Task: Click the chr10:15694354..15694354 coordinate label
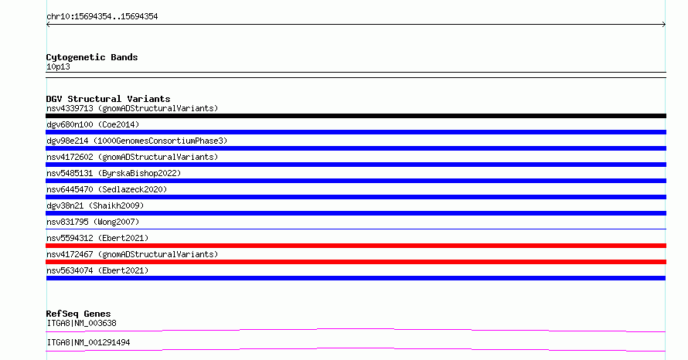click(x=102, y=17)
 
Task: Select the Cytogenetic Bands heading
click(x=92, y=57)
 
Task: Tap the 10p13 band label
click(x=58, y=66)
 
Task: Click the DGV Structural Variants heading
click(x=108, y=99)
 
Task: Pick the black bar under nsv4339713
click(x=356, y=116)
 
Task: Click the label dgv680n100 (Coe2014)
click(x=93, y=124)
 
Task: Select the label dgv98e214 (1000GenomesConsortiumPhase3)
click(x=137, y=141)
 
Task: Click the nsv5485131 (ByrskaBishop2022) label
click(x=114, y=173)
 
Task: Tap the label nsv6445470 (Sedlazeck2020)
click(x=107, y=189)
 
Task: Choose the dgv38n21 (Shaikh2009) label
click(x=95, y=205)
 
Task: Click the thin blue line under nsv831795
click(x=356, y=229)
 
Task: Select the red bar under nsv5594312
click(x=356, y=246)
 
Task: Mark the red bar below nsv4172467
click(x=356, y=262)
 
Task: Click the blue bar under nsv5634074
click(x=356, y=278)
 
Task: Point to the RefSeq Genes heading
click(x=79, y=314)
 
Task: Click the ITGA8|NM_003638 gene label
click(x=82, y=323)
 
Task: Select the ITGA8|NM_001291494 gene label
click(x=88, y=342)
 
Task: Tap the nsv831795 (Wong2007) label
click(x=93, y=222)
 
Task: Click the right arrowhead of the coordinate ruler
click(x=665, y=25)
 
